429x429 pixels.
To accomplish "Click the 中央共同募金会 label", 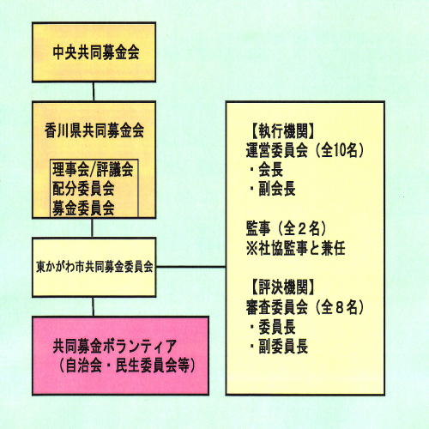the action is click(x=96, y=52).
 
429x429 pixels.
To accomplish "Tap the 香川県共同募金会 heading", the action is click(x=94, y=130).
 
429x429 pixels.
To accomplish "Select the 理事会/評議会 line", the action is click(x=93, y=169).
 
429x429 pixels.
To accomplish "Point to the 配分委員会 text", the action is click(x=83, y=189).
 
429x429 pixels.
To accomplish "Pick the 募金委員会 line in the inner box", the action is click(x=83, y=208).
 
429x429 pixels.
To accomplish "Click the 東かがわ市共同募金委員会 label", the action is click(x=94, y=267).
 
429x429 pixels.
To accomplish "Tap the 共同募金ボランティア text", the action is click(x=114, y=347).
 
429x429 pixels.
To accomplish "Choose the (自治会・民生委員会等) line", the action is click(x=128, y=366).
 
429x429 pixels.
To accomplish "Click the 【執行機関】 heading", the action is click(x=283, y=131).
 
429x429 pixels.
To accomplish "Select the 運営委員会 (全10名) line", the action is click(x=305, y=150).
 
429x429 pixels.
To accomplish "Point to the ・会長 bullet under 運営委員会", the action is click(x=267, y=170).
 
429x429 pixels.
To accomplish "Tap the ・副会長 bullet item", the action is click(x=273, y=189).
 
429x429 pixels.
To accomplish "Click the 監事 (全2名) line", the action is click(x=286, y=228).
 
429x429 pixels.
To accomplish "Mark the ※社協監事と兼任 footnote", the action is click(x=296, y=248).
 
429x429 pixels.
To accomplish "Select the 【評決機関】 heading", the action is click(x=283, y=287).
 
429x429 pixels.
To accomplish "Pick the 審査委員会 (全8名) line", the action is click(x=305, y=307).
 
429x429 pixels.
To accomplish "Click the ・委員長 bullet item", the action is click(x=273, y=327).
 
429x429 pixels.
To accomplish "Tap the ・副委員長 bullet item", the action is click(x=279, y=347).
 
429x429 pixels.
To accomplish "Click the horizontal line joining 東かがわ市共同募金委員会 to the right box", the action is click(x=190, y=267).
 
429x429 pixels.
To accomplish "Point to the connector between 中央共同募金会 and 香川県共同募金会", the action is click(x=94, y=92).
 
